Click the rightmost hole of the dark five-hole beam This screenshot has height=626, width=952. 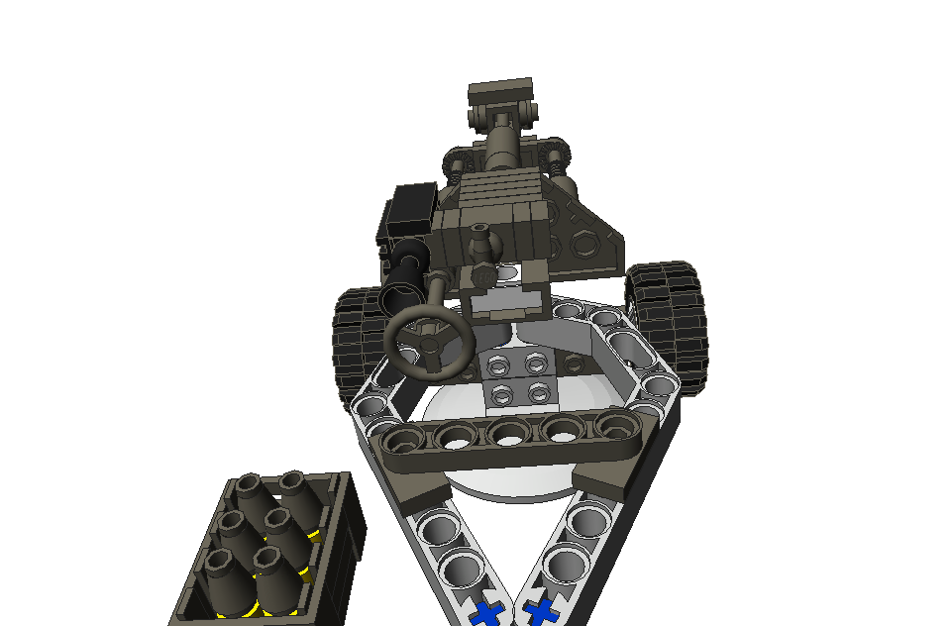613,427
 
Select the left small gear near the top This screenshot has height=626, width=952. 457,159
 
